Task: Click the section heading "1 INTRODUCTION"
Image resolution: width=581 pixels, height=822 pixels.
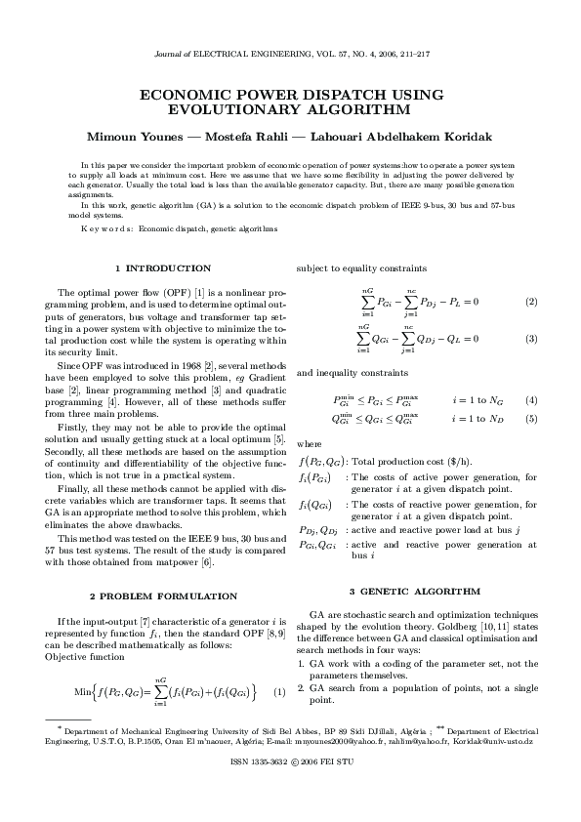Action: point(163,267)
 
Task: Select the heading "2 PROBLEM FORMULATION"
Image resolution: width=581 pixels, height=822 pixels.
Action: point(163,596)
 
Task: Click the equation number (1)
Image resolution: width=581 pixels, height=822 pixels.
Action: point(279,693)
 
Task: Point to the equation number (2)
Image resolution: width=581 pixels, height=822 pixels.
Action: point(531,302)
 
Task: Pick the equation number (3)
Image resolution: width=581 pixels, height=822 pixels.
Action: point(531,339)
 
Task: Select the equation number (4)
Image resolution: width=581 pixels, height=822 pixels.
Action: point(531,400)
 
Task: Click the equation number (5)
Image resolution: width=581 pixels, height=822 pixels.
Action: point(531,419)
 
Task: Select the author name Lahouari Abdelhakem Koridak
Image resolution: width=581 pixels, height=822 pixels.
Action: point(410,132)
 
